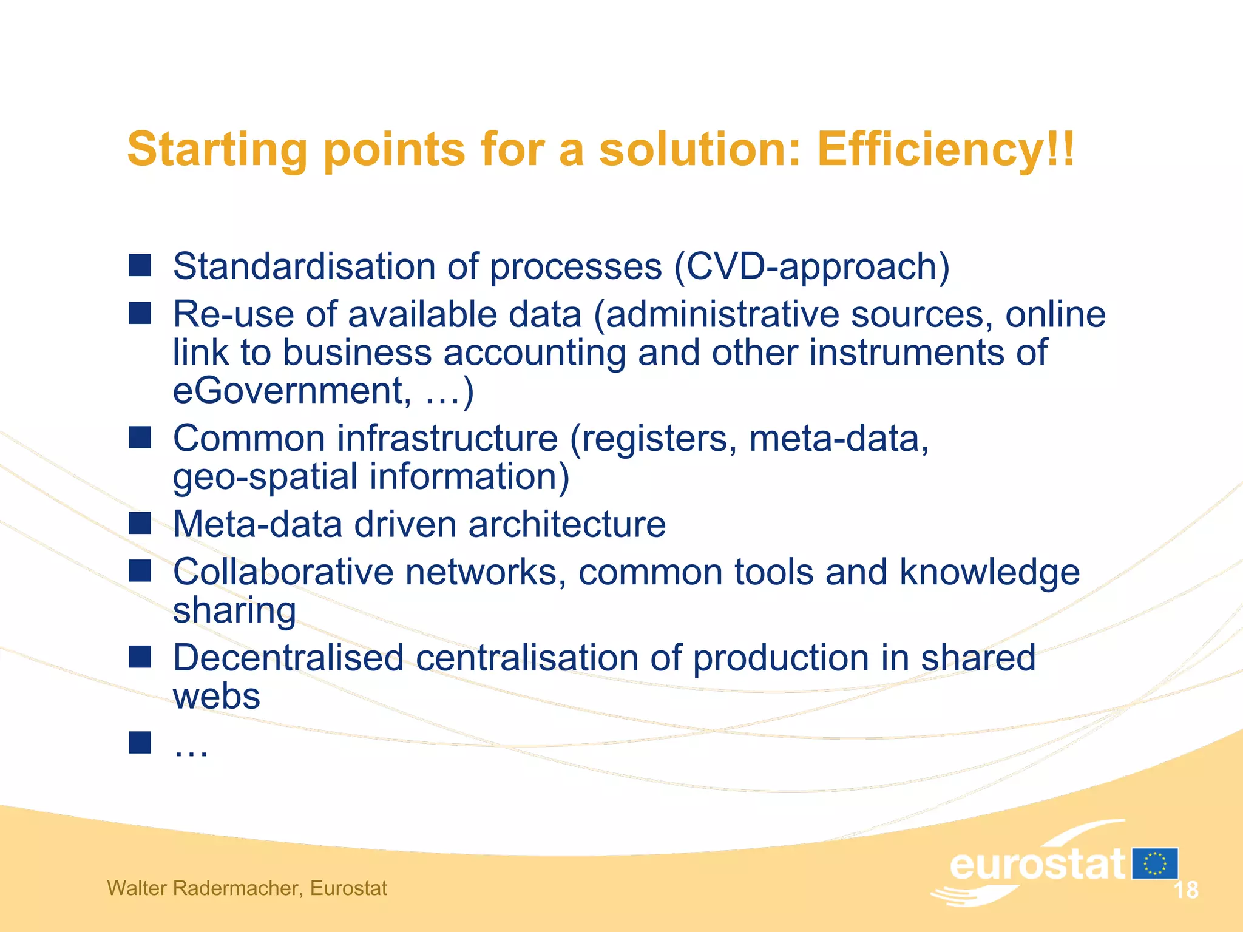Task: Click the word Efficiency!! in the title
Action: [x=945, y=149]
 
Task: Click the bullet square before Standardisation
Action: [x=140, y=265]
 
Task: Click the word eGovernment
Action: [x=288, y=391]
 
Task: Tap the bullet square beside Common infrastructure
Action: [x=140, y=437]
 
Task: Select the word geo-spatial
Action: [x=265, y=477]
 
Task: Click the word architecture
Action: [x=567, y=524]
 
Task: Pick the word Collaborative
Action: [x=283, y=572]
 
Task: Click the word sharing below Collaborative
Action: [x=234, y=610]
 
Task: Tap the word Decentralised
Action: [x=288, y=658]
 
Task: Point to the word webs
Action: [x=217, y=697]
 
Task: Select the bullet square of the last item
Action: [x=140, y=743]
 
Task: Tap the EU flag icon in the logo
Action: [x=1154, y=863]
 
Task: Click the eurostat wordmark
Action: [x=1037, y=865]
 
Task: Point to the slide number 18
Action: [x=1185, y=890]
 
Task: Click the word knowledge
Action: [x=989, y=572]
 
